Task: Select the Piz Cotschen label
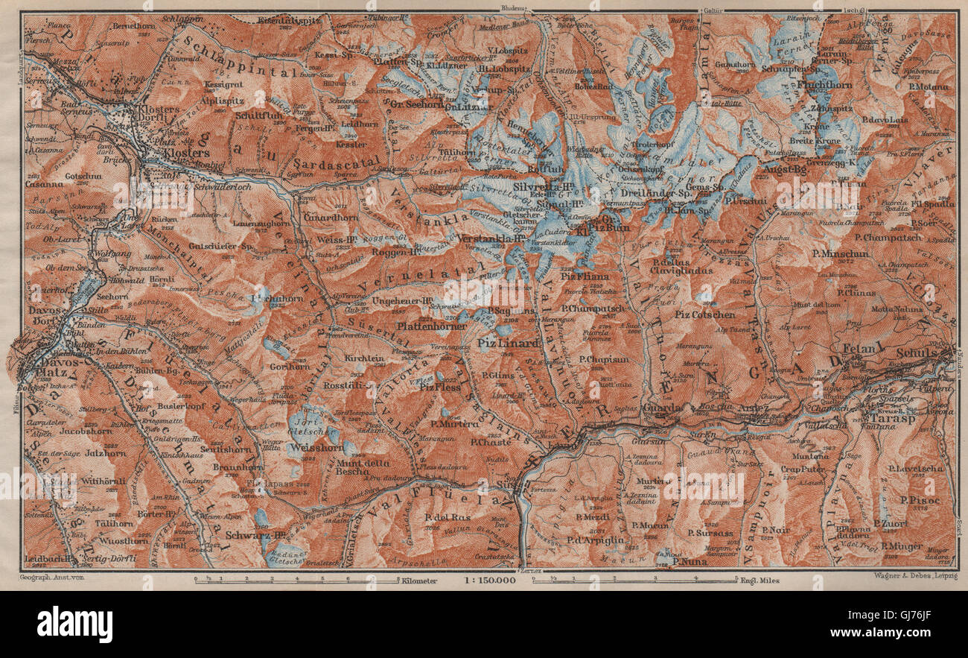pyautogui.click(x=704, y=314)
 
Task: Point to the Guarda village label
pyautogui.click(x=661, y=408)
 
